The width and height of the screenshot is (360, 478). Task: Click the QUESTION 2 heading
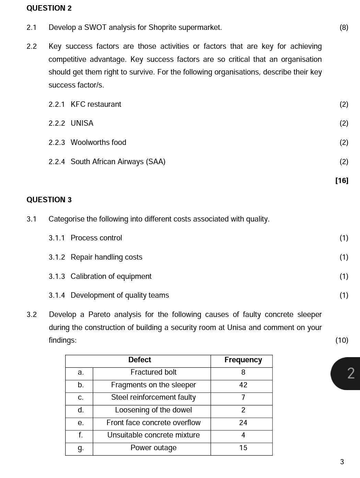pyautogui.click(x=49, y=8)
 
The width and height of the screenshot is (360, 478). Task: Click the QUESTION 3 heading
pyautogui.click(x=49, y=200)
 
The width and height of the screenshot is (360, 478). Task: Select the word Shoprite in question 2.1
pyautogui.click(x=161, y=27)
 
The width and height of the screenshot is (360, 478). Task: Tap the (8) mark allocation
pyautogui.click(x=344, y=27)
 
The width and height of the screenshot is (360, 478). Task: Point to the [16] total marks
pyautogui.click(x=341, y=181)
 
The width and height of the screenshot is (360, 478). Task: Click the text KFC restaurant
pyautogui.click(x=96, y=104)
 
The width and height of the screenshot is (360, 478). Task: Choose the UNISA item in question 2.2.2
pyautogui.click(x=82, y=123)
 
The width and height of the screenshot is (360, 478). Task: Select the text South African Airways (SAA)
pyautogui.click(x=118, y=162)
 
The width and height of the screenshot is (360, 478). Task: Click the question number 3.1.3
pyautogui.click(x=57, y=276)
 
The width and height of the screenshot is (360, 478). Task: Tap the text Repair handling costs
pyautogui.click(x=106, y=257)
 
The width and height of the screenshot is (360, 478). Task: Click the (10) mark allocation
pyautogui.click(x=341, y=340)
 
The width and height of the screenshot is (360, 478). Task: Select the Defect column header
pyautogui.click(x=139, y=360)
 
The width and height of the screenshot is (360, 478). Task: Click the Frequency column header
pyautogui.click(x=243, y=360)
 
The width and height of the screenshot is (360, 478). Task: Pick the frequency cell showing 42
pyautogui.click(x=243, y=385)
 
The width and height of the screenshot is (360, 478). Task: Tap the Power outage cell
pyautogui.click(x=153, y=448)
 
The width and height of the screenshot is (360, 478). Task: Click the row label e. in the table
pyautogui.click(x=81, y=423)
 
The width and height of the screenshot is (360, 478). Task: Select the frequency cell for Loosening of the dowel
pyautogui.click(x=243, y=410)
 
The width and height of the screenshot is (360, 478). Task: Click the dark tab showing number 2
pyautogui.click(x=348, y=373)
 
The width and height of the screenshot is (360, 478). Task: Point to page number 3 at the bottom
pyautogui.click(x=342, y=462)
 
